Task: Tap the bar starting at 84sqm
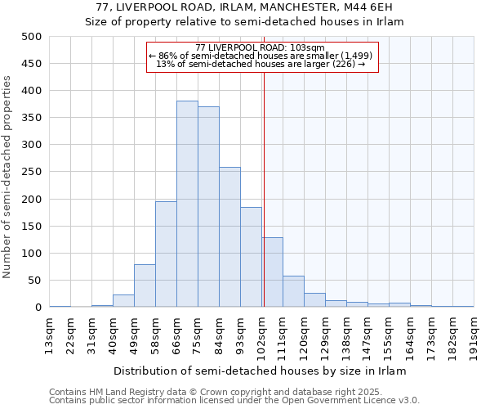click(x=229, y=237)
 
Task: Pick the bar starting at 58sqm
click(x=166, y=254)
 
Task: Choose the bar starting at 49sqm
click(x=145, y=285)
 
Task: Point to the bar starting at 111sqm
click(x=293, y=291)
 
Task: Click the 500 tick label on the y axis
click(x=32, y=37)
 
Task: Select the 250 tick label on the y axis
click(x=32, y=172)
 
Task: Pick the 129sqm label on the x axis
click(x=325, y=335)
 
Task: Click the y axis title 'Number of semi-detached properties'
click(x=8, y=176)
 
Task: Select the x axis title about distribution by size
click(x=260, y=371)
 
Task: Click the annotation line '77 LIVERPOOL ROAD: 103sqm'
click(x=261, y=47)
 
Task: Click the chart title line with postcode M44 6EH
click(x=244, y=7)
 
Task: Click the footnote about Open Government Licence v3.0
click(x=234, y=401)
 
